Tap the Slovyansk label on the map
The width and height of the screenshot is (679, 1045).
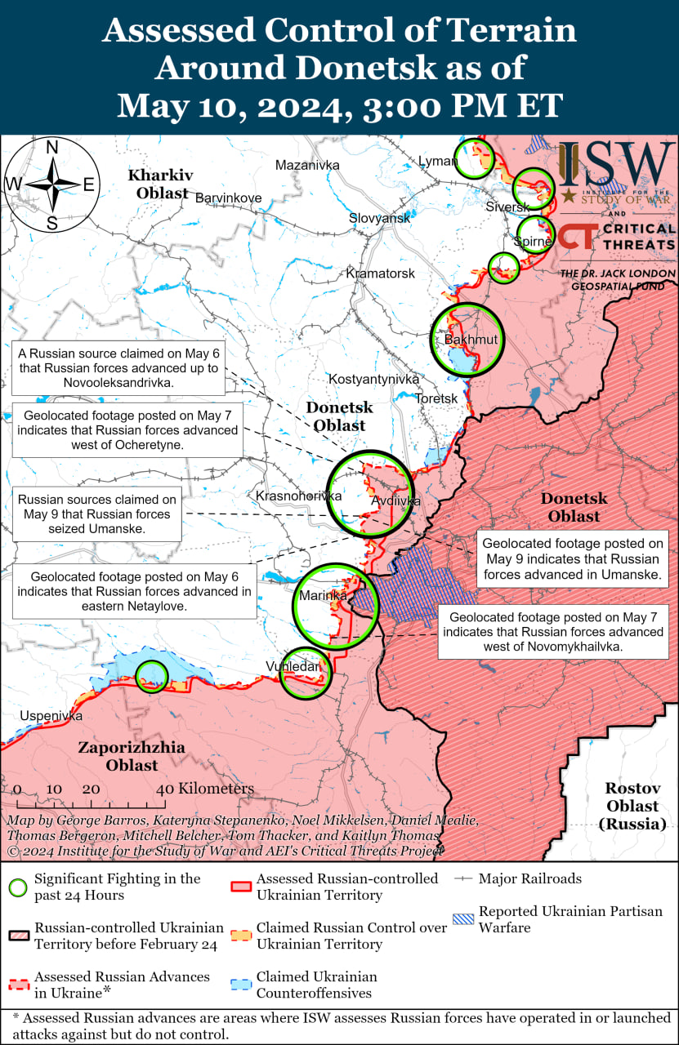379,219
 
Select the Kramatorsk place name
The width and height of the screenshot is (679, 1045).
380,273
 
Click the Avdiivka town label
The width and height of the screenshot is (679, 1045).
395,500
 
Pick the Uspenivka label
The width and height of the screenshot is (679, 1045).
51,716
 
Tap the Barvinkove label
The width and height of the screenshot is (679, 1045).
228,198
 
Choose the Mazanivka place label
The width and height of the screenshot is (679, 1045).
306,165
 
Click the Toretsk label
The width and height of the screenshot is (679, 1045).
436,398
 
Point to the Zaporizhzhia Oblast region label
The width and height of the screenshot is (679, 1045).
132,757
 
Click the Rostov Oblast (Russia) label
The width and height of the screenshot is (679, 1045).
632,806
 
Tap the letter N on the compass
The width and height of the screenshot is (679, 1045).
51,148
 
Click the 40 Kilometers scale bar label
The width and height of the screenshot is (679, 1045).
205,789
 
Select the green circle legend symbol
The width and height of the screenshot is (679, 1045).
19,887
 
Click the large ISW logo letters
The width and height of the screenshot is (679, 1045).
617,166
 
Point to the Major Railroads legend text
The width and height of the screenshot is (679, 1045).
530,878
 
